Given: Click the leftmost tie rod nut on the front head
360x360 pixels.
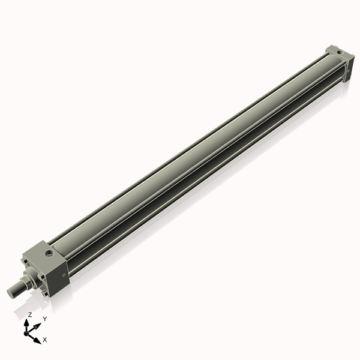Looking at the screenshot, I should [x=25, y=262].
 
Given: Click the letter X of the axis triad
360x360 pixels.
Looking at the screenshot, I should [x=45, y=340].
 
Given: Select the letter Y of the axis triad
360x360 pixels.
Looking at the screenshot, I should [x=44, y=318].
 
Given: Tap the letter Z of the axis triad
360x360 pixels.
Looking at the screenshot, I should [x=30, y=314].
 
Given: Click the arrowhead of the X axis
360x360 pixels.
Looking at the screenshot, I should [x=37, y=341].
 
